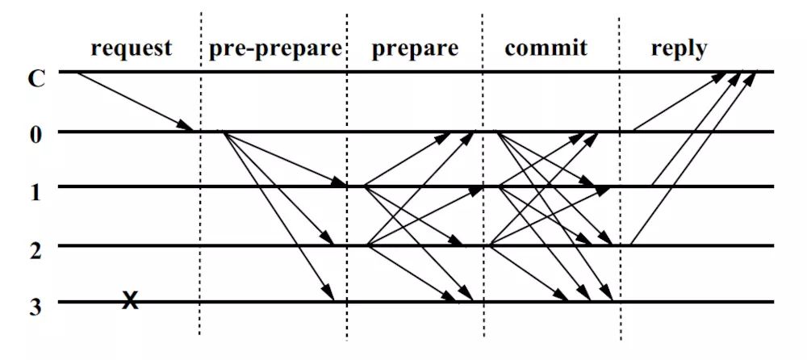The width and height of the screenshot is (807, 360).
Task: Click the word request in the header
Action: tap(132, 48)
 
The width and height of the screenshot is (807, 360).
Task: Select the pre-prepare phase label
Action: tap(275, 49)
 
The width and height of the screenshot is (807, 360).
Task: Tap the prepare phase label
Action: tap(415, 49)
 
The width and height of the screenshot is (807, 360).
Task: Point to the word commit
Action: tap(546, 48)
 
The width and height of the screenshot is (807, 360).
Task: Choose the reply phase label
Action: tap(679, 49)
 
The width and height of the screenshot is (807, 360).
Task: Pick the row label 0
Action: tap(35, 136)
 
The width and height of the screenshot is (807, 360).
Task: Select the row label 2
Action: tap(35, 249)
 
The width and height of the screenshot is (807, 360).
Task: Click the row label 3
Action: tap(35, 306)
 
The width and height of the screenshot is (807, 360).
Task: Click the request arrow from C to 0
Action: tap(135, 102)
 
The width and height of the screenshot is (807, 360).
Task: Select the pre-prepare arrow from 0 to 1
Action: tap(285, 159)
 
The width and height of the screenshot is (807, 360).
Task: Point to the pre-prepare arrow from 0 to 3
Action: tap(278, 216)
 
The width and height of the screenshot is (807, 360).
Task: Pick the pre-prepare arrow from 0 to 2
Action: tap(278, 188)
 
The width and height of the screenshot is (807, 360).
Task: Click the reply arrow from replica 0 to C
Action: tap(679, 101)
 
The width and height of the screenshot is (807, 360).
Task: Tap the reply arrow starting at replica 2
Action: tap(693, 158)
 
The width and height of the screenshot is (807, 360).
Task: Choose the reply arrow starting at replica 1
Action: tap(696, 129)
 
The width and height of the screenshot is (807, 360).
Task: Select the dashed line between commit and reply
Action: tap(620, 178)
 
